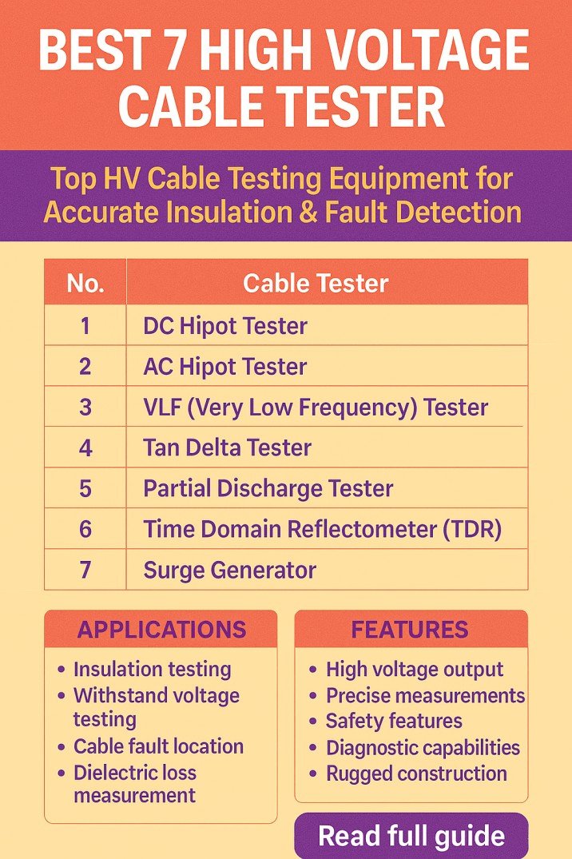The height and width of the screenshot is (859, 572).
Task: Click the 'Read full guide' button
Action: pos(411,837)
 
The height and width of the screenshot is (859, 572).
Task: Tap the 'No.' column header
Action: pos(85,283)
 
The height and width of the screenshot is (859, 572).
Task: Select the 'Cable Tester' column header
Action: pos(316,283)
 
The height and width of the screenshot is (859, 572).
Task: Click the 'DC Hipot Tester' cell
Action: pos(224,326)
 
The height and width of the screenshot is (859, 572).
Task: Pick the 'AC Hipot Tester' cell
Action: pos(224,367)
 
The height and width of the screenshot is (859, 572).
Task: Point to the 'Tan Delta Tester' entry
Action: pos(227,447)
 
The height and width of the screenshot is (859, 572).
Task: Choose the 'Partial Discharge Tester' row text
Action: pos(268,488)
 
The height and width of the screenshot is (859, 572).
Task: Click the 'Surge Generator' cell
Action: pos(229,570)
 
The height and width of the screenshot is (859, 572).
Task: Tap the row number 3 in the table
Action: pos(85,407)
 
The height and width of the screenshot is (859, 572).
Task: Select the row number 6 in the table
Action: pos(85,529)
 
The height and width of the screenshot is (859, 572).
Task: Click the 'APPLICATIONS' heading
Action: pos(161,630)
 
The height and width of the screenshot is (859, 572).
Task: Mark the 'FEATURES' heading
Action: pos(410,630)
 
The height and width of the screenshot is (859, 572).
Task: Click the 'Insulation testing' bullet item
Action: pos(152,669)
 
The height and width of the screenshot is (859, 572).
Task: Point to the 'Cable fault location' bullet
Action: pos(158,746)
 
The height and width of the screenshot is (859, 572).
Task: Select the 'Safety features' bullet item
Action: pos(393,721)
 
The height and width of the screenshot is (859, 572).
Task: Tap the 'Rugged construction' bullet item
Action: pos(416,773)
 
